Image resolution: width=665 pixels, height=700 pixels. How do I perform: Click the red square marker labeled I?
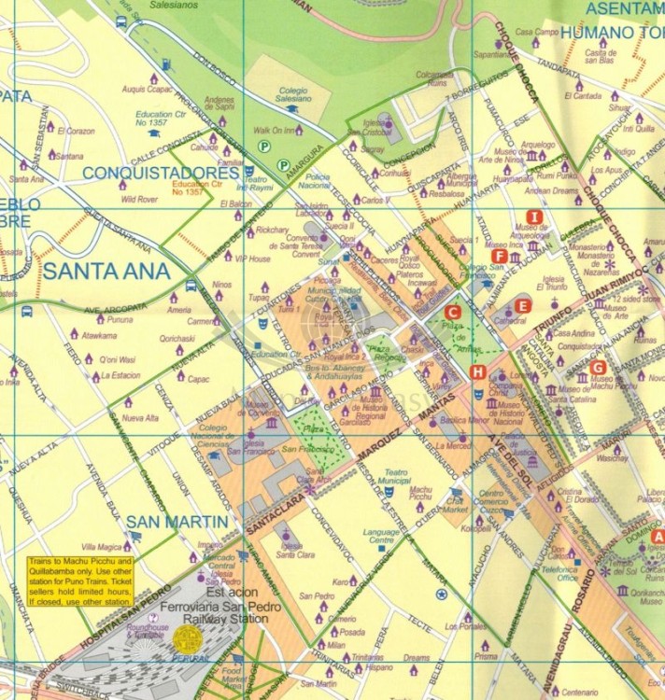click(533, 216)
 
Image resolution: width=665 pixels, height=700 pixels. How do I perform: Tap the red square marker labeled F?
click(499, 256)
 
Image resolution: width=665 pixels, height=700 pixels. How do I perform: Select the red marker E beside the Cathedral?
click(523, 305)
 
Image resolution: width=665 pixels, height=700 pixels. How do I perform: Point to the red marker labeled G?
click(599, 367)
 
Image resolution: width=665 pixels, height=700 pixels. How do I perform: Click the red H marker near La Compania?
click(478, 372)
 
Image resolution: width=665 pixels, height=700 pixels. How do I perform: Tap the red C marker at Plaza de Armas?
click(453, 313)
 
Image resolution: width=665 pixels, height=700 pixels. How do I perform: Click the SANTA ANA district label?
click(106, 272)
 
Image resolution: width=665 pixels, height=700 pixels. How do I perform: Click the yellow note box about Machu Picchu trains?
click(78, 581)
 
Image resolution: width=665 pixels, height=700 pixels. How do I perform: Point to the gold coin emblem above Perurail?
click(188, 639)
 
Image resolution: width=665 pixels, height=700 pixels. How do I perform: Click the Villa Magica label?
click(102, 546)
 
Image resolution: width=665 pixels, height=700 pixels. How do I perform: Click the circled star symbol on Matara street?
click(442, 593)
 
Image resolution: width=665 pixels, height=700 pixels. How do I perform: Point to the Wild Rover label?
click(139, 199)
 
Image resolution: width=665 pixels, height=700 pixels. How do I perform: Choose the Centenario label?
click(579, 692)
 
